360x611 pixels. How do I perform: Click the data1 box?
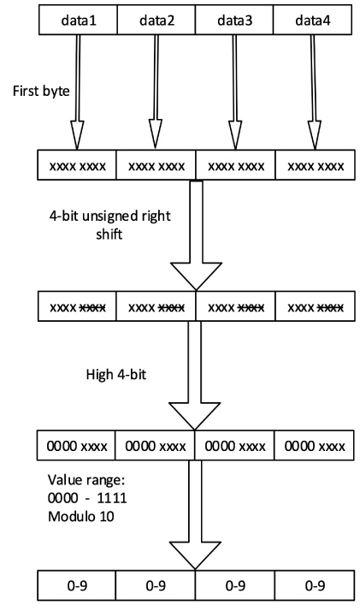pos(78,20)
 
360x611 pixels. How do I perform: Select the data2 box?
pos(156,20)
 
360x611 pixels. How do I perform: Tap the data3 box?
pos(234,20)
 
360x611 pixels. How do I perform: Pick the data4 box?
pos(312,20)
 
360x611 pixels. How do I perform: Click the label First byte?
pos(41,92)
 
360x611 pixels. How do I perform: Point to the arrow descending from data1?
pos(78,92)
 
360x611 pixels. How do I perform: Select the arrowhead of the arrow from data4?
pos(315,135)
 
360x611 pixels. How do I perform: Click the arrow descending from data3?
pos(234,92)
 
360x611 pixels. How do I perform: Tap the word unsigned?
pos(109,216)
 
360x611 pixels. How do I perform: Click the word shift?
pos(109,234)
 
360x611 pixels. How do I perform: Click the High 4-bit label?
pos(116,375)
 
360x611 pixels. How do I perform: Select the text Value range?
pos(86,480)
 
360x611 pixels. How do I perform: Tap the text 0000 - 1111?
pos(87,498)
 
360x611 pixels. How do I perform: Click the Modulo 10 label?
pos(81,516)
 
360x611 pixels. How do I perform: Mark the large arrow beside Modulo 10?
pos(195,515)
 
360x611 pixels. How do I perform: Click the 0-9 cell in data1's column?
pos(77,585)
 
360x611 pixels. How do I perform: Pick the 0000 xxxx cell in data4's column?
pos(315,445)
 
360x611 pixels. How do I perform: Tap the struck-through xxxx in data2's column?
pos(171,308)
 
